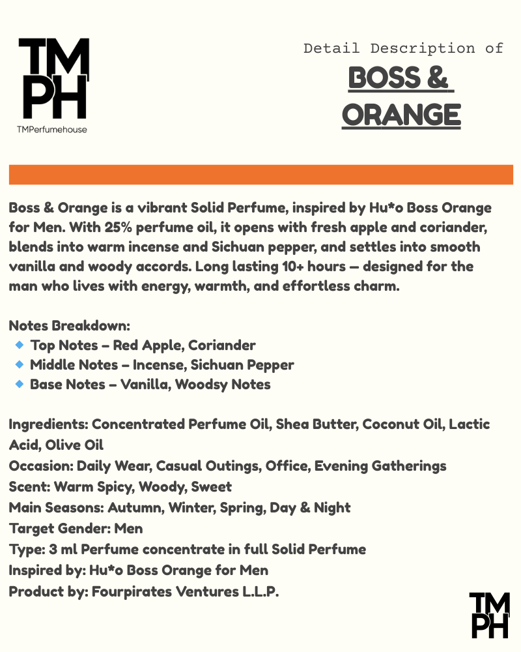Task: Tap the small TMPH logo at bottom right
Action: [x=490, y=615]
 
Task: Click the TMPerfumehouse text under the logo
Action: [x=52, y=129]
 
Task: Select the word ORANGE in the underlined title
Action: [x=401, y=115]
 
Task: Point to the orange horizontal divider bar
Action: [x=260, y=175]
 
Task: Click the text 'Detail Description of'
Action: [x=403, y=48]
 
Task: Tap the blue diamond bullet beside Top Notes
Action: [x=19, y=344]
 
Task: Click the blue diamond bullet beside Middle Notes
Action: [x=19, y=364]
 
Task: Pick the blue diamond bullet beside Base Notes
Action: [x=19, y=383]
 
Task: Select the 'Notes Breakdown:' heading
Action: [x=70, y=325]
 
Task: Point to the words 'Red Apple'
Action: [x=143, y=345]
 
